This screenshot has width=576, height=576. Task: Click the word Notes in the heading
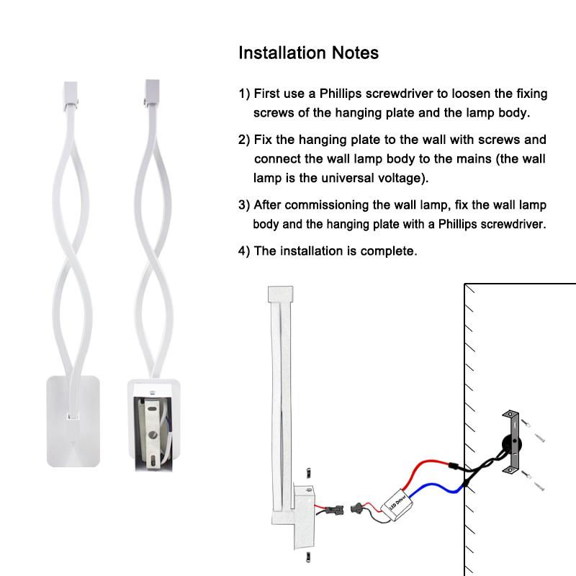(x=353, y=53)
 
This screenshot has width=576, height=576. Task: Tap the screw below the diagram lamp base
(x=307, y=555)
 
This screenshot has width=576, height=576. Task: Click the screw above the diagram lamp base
(x=307, y=472)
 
